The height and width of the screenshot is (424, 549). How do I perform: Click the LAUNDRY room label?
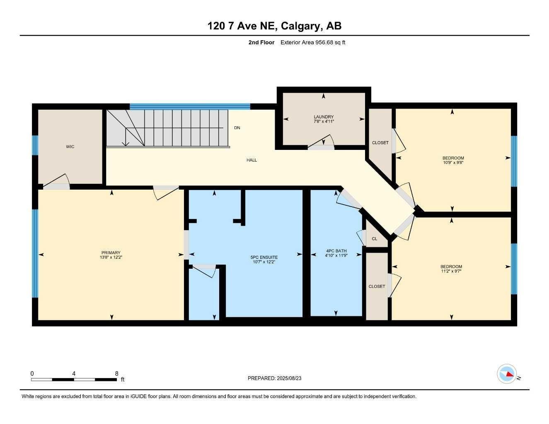(x=324, y=117)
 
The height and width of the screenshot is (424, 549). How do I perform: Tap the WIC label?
(x=70, y=147)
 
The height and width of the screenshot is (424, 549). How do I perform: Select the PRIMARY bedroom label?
(x=111, y=253)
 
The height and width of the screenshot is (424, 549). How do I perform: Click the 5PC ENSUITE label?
(x=265, y=257)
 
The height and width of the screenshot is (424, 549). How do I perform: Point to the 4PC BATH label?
(x=336, y=251)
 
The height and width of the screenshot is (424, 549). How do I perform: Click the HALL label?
(x=252, y=160)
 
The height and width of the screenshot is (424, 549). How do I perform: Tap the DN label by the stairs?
(x=237, y=128)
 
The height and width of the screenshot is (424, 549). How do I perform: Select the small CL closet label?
(x=375, y=238)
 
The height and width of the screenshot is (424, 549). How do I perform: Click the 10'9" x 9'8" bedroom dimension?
(x=453, y=163)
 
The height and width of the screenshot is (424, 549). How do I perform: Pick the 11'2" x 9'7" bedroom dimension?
(x=451, y=271)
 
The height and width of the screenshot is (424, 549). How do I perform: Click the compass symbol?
(x=507, y=374)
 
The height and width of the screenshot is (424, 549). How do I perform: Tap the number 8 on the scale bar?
(x=116, y=373)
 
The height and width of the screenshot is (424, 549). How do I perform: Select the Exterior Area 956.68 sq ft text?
(x=313, y=42)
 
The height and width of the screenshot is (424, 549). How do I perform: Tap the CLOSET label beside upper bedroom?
(x=380, y=142)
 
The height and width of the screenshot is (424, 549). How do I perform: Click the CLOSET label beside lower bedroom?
(x=377, y=286)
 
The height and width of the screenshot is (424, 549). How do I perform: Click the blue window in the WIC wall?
(x=35, y=145)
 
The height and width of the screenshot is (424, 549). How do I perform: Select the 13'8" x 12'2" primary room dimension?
(x=111, y=257)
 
